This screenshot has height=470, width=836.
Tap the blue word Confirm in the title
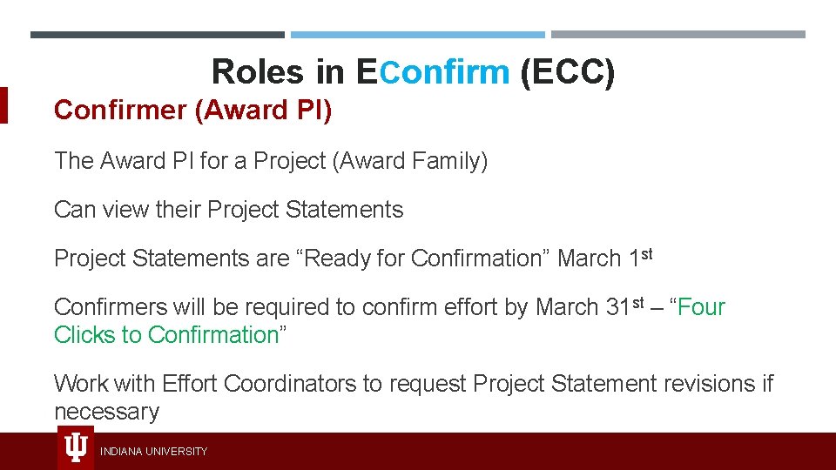tap(444, 72)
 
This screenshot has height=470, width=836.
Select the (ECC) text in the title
tap(567, 72)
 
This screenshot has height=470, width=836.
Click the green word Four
tap(701, 307)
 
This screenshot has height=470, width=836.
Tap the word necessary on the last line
tap(106, 412)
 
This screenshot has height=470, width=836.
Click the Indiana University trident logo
tap(76, 448)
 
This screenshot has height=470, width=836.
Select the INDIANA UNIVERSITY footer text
tap(154, 452)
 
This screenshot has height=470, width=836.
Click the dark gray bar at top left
tap(157, 35)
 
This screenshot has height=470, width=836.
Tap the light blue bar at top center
tap(417, 35)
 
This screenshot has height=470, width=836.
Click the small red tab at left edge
tap(3, 105)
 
